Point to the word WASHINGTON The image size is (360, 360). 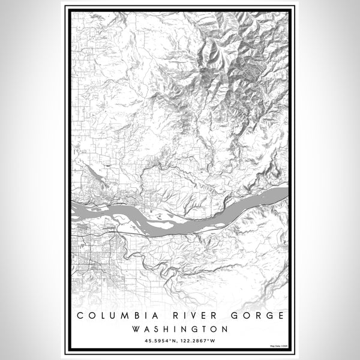[x=180, y=329]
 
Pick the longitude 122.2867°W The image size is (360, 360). [x=199, y=341]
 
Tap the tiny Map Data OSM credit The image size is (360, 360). [x=278, y=346]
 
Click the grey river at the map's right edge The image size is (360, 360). [x=279, y=193]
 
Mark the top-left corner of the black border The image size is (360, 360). [x=66, y=8]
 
